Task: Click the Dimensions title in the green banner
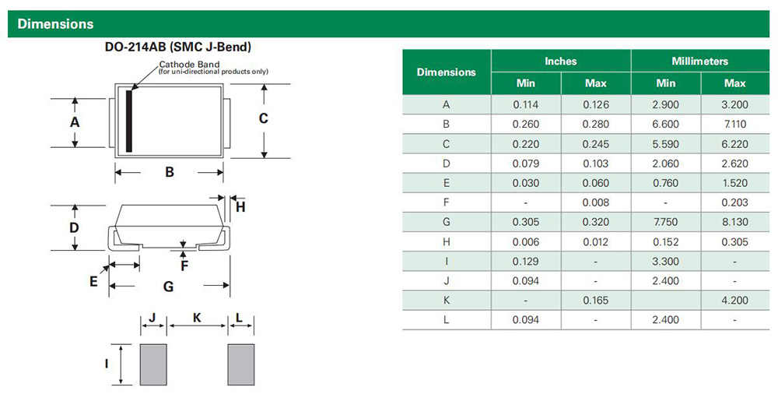55,24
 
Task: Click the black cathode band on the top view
129,121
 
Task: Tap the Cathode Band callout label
189,65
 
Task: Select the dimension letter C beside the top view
264,118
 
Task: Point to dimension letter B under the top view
170,172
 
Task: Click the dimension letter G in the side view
169,287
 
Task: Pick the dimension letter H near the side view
240,207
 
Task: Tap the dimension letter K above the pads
197,318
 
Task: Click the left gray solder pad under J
153,364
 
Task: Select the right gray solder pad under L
241,364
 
